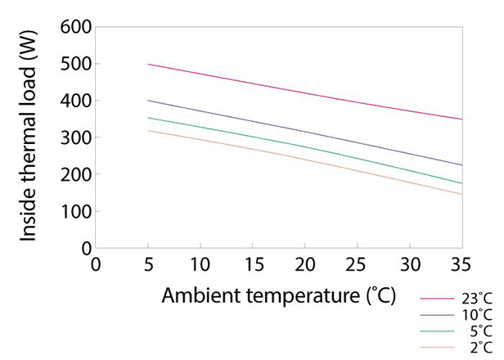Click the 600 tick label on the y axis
(x=73, y=27)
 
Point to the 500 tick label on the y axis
(x=73, y=64)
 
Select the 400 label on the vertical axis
(x=73, y=101)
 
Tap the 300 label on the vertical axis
(x=73, y=137)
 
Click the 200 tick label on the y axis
(x=73, y=174)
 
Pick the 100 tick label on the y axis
(x=73, y=211)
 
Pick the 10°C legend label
(x=477, y=314)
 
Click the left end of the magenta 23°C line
(x=148, y=64)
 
